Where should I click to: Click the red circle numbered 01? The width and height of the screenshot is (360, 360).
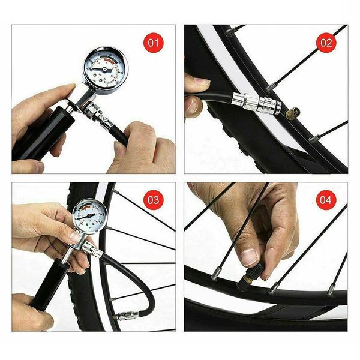pyautogui.click(x=154, y=43)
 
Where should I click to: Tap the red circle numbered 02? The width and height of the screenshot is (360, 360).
pyautogui.click(x=326, y=43)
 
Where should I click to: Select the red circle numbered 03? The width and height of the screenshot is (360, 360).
pyautogui.click(x=154, y=200)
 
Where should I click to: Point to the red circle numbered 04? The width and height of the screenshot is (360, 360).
pyautogui.click(x=326, y=200)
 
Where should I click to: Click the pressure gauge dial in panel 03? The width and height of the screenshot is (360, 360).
pyautogui.click(x=90, y=216)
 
